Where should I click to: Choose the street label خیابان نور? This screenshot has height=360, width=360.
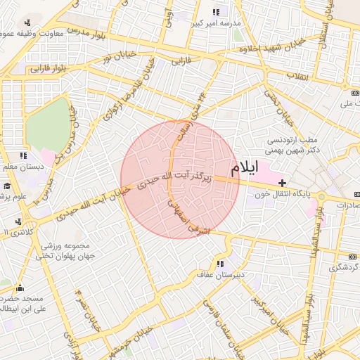coord(117,55)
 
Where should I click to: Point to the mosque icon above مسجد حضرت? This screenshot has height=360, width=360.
coord(19,288)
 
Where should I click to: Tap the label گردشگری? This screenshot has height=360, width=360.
coord(344,268)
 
